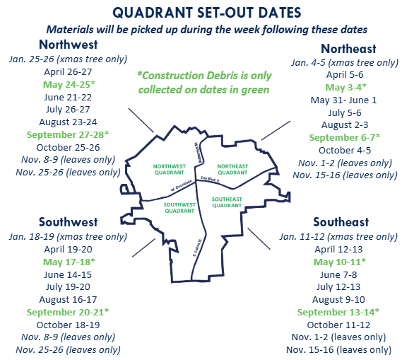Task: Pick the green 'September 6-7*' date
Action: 343,137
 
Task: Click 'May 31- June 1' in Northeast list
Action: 344,100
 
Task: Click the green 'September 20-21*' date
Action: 68,312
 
